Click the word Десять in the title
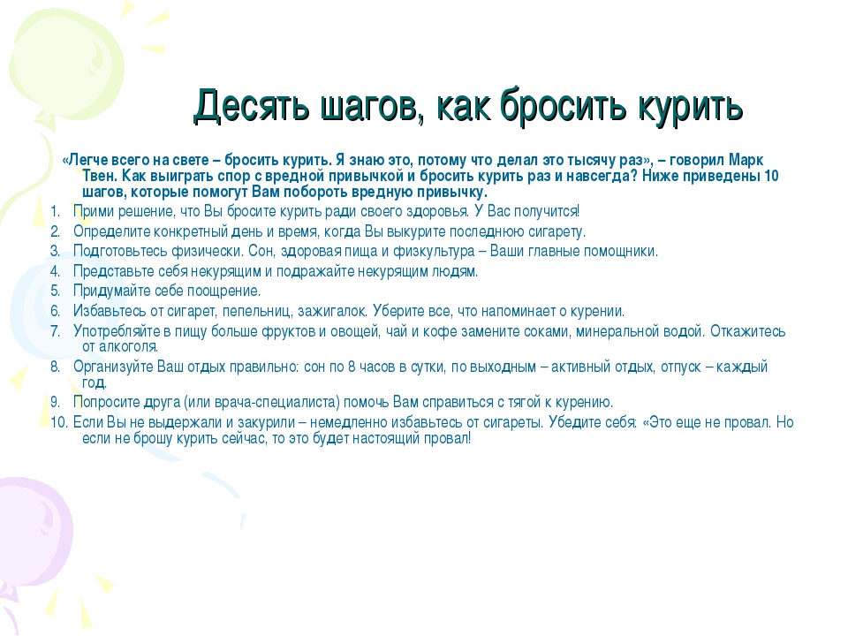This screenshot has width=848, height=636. click(x=252, y=105)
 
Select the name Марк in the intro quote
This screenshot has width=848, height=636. click(x=746, y=160)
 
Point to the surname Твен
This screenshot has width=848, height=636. click(x=100, y=176)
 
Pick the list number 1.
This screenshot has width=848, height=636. click(x=55, y=211)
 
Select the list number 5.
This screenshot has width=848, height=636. click(x=55, y=291)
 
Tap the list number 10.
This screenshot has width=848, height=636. click(x=59, y=422)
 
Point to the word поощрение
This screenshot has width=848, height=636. click(x=223, y=291)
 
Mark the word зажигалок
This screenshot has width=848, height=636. click(x=333, y=311)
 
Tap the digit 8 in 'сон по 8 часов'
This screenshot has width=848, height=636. click(x=352, y=367)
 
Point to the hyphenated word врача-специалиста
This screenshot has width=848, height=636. click(x=276, y=403)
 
